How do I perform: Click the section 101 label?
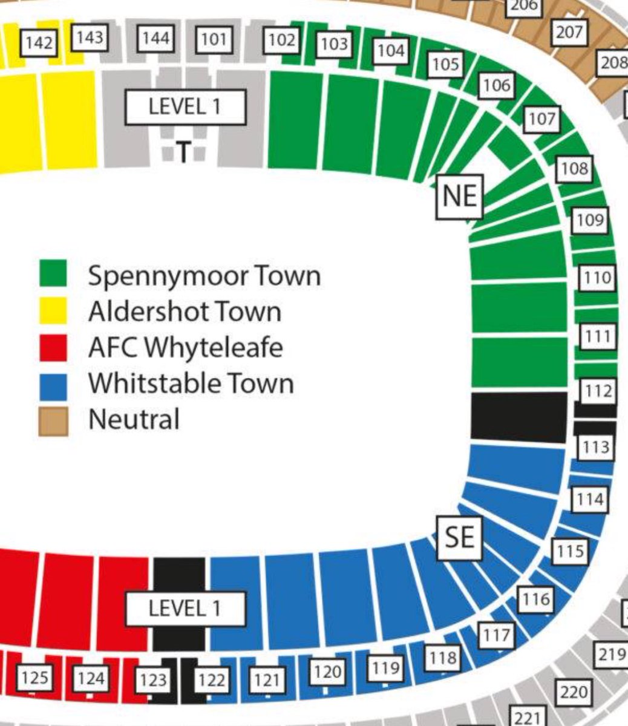pos(214,40)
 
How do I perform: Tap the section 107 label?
pos(541,119)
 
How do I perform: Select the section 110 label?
pos(598,278)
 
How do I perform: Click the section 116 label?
pos(536,599)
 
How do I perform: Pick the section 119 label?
pos(386,668)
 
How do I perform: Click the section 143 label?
pos(90,38)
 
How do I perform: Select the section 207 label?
pos(569,32)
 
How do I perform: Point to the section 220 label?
pos(573,691)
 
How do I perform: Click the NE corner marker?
pos(460,195)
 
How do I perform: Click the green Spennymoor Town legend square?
pos(53,274)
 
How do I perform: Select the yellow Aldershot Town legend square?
pos(53,311)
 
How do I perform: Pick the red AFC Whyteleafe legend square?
pos(53,347)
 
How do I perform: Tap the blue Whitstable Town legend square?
pos(53,385)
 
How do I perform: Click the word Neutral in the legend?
pos(134,419)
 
